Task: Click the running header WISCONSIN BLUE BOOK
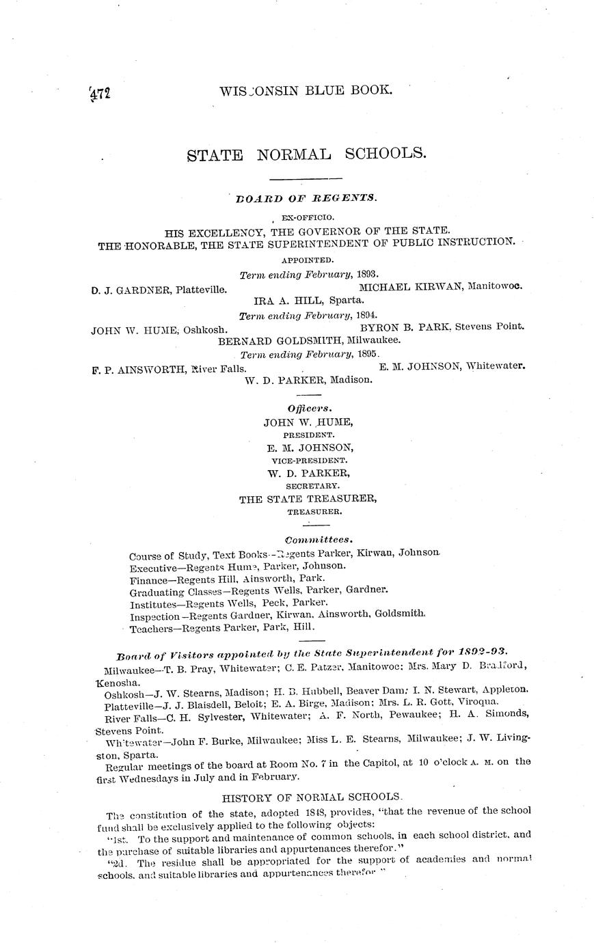306,90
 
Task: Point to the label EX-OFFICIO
306,217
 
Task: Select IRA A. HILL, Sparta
309,300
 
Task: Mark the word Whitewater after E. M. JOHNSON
495,366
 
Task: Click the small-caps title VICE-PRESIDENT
309,460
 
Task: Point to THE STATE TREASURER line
308,499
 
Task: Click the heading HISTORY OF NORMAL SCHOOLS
313,797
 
